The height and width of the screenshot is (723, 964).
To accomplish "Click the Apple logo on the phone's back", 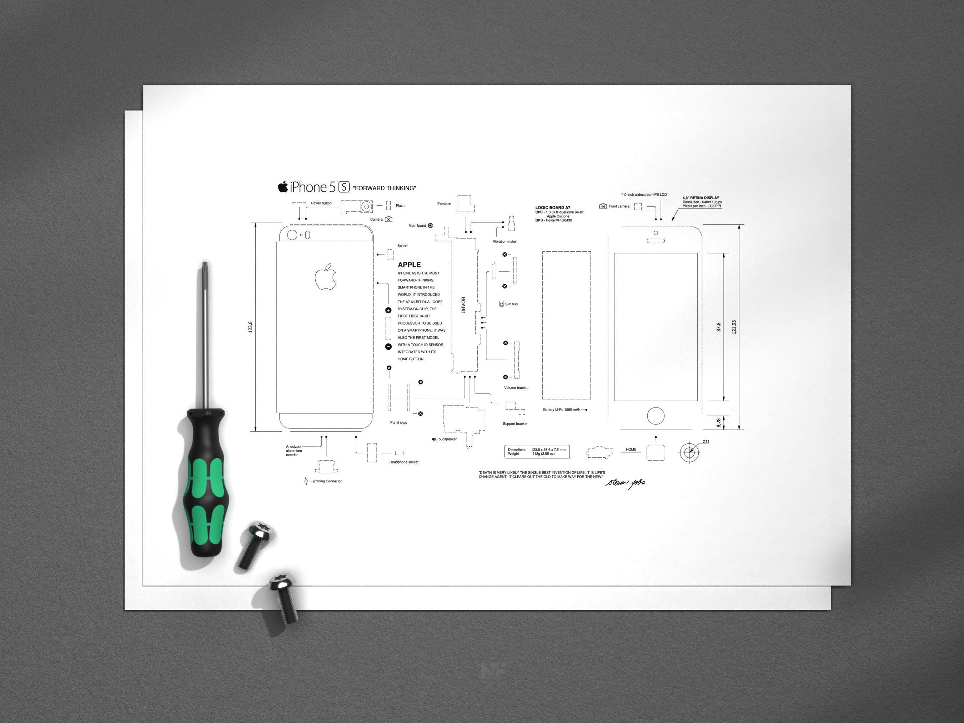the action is pos(326,276).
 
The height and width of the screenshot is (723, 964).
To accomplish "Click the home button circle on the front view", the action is pos(656,416).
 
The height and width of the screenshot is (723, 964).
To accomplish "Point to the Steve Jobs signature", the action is pos(625,483).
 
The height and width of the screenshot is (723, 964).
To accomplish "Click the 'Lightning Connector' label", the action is pos(326,481).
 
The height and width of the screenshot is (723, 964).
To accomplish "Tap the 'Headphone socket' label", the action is pos(403,462).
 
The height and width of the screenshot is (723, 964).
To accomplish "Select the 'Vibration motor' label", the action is pos(504,241).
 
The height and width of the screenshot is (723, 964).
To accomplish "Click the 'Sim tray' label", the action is pos(511,304).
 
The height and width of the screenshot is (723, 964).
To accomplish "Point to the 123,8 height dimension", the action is pos(251,327).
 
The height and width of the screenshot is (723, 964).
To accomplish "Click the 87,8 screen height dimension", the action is pos(719,327).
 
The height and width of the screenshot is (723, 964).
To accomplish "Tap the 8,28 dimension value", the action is pos(719,422).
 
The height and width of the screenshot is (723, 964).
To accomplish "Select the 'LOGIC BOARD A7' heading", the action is pos(553,208).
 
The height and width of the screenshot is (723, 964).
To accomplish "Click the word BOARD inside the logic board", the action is pos(463,305).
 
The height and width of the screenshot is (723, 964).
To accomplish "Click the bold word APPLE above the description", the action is pos(409,265).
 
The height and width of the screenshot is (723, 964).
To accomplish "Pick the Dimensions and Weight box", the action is pos(537,452).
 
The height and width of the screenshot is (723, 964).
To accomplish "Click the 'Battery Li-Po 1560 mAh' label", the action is pos(561,410).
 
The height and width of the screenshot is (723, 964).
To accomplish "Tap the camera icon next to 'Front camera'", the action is pos(603,206).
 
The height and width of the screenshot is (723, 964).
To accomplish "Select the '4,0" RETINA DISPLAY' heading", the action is pos(701,198).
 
